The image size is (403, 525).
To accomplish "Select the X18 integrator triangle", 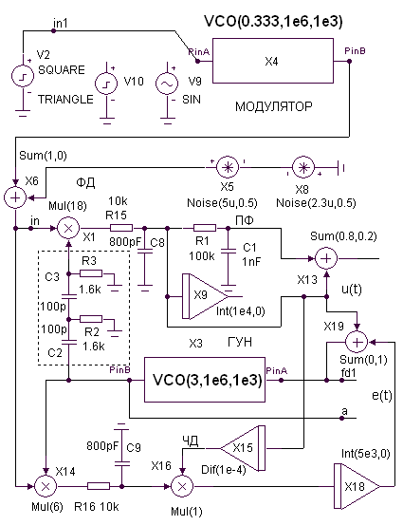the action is pos(357,486).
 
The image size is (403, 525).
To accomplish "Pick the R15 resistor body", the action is pos(121,229).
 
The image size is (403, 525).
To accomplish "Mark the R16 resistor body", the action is pos(99,486).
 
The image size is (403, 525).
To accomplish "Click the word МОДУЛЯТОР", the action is pos(274,107).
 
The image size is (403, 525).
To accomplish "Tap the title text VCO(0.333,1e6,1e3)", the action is pos(273,22).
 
